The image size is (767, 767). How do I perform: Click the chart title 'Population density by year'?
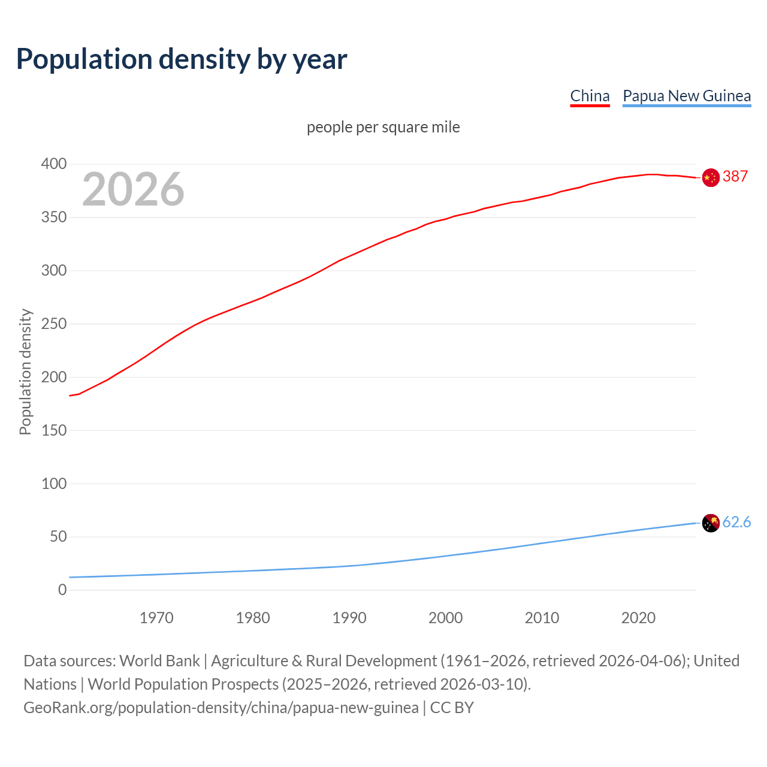tap(182, 59)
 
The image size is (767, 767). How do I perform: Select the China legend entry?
tap(590, 96)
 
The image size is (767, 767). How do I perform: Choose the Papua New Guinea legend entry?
tap(687, 96)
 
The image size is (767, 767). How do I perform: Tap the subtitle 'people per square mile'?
tap(383, 128)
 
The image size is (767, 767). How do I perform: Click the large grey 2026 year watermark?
tap(133, 189)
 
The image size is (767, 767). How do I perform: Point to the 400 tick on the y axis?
tap(54, 164)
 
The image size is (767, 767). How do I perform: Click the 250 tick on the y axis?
tap(54, 324)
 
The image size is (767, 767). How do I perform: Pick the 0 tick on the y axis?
tap(62, 590)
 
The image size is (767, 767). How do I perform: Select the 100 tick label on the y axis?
tap(54, 484)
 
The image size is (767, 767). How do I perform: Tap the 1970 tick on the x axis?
tap(156, 618)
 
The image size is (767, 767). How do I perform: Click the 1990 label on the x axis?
tap(349, 618)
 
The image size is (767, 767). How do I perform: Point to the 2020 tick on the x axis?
tap(638, 618)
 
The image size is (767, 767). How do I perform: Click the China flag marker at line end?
tap(711, 178)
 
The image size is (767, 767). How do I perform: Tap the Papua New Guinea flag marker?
tap(711, 523)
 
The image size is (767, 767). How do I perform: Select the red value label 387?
tap(735, 177)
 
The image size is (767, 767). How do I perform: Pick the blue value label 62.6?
tap(736, 523)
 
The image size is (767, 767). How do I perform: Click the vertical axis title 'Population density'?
tap(25, 372)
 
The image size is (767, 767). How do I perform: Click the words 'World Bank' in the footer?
tap(159, 661)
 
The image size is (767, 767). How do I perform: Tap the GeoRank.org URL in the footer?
tap(221, 708)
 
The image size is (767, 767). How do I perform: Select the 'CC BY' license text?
tap(452, 708)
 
